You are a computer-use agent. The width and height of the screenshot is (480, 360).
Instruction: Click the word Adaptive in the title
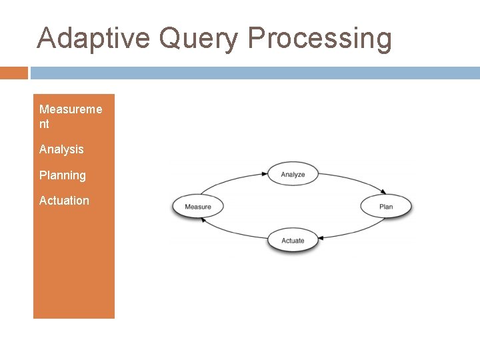[94, 38]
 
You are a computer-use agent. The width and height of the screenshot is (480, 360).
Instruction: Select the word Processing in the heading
[320, 39]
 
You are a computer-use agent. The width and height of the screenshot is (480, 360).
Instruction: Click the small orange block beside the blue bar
[14, 73]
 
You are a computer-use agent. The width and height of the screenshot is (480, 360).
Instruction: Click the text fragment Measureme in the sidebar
[71, 109]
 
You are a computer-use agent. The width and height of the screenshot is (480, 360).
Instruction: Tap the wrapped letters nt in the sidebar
[44, 124]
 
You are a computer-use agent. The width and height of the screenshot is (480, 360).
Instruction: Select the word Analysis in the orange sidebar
[61, 149]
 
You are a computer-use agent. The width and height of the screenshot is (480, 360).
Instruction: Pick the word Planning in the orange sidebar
[63, 175]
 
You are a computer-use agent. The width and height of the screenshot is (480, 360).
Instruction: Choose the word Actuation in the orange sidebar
[64, 201]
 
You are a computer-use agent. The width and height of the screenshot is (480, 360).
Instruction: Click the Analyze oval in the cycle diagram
[293, 175]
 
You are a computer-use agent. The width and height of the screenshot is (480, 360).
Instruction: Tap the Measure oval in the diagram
[198, 207]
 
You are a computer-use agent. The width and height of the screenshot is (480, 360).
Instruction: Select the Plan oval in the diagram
[386, 207]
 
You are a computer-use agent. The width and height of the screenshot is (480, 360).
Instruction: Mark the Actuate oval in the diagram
[293, 241]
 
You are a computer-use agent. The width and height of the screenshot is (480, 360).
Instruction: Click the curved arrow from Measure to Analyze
[227, 183]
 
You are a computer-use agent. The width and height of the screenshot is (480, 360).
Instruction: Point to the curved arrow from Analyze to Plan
[353, 184]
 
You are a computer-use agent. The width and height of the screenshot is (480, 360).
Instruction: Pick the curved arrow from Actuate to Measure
[230, 231]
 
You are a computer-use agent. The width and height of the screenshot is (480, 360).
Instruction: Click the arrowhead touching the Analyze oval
[265, 175]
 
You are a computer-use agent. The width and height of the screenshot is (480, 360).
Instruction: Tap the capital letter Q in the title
[170, 39]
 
